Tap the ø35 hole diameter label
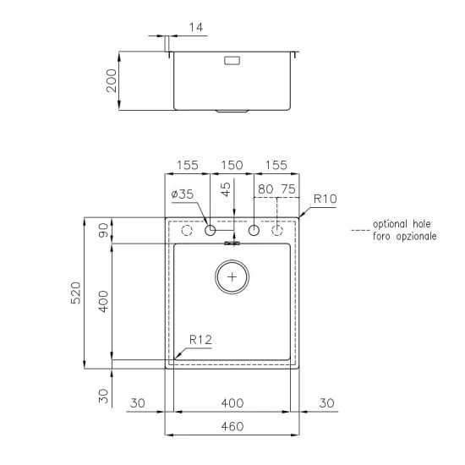coord(182,194)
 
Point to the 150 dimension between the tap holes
coord(232,166)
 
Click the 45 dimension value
coord(225,189)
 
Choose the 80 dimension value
coord(265,190)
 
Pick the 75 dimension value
coord(287,190)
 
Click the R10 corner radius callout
coord(325,200)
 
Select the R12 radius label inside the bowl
coord(200,340)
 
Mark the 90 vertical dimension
coord(103,231)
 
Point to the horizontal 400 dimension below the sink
coord(232,403)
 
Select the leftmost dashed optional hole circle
coord(188,231)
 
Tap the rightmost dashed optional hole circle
coord(276,231)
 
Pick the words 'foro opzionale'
coord(404,237)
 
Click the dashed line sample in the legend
coord(359,229)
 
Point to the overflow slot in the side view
coord(232,60)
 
